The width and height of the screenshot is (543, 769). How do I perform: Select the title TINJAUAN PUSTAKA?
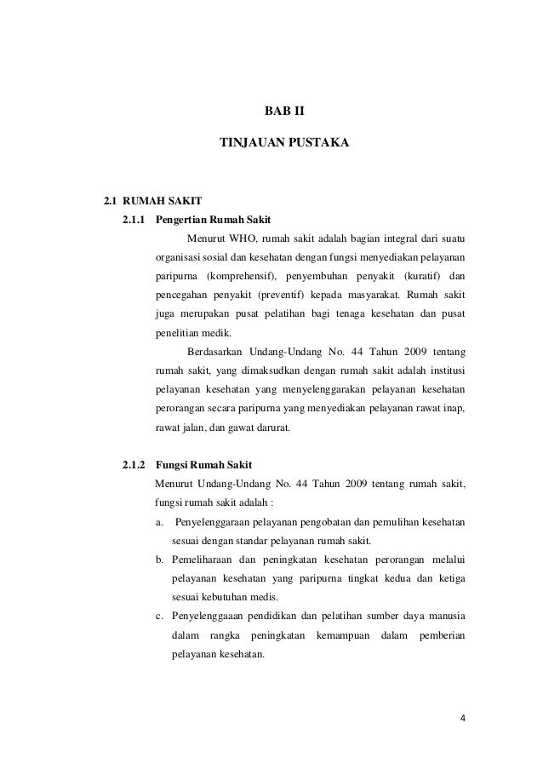[283, 146]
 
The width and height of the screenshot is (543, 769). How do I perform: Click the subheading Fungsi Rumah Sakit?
[197, 465]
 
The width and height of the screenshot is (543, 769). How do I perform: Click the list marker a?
[159, 521]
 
